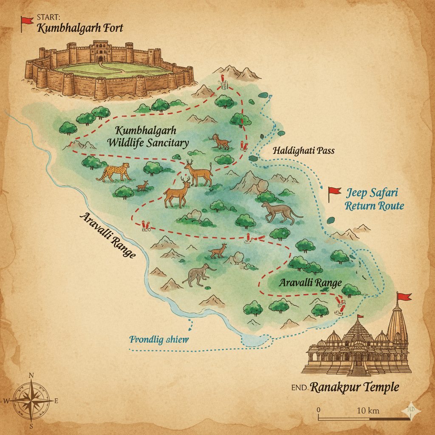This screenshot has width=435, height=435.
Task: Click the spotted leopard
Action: point(113,172)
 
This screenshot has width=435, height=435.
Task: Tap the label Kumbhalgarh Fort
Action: point(80,29)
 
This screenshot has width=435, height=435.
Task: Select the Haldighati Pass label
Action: point(303,151)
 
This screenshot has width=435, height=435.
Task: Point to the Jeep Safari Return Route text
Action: point(374,199)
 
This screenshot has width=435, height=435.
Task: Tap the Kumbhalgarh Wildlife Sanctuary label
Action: point(147,136)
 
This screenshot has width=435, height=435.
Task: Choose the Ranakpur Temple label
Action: point(355,387)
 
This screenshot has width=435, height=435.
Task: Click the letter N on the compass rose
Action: point(31,375)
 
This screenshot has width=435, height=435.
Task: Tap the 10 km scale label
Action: point(368,410)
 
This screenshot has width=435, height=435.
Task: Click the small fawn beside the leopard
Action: point(142,186)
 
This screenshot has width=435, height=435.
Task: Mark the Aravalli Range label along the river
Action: point(107,235)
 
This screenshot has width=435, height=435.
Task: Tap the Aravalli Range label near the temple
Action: point(310,283)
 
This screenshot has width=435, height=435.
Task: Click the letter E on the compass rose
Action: point(56,401)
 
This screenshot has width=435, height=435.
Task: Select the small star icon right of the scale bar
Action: point(411,410)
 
